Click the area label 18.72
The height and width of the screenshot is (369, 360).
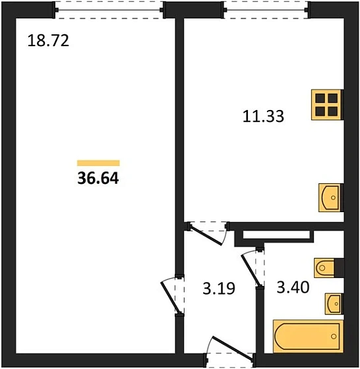[48, 40]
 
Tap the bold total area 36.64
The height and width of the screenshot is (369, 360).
[98, 178]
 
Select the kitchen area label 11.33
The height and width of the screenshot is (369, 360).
[263, 116]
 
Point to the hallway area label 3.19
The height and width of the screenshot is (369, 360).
[219, 289]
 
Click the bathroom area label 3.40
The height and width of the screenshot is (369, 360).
[293, 287]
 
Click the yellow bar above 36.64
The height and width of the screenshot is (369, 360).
[98, 163]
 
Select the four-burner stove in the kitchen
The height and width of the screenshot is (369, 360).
[326, 105]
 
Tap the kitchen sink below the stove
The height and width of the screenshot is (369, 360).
[330, 198]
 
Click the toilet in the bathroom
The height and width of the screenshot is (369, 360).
[324, 268]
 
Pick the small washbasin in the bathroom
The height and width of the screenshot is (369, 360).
[333, 304]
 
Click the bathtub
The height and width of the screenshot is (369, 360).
[308, 336]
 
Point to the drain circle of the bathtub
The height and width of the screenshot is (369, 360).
[334, 336]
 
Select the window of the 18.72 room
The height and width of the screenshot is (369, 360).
[109, 10]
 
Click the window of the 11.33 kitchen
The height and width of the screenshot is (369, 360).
[266, 10]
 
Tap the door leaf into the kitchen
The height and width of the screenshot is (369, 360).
[206, 235]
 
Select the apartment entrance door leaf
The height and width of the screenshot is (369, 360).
[233, 349]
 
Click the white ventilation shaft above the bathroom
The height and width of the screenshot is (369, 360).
[276, 235]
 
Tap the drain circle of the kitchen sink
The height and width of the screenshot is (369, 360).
[333, 198]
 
